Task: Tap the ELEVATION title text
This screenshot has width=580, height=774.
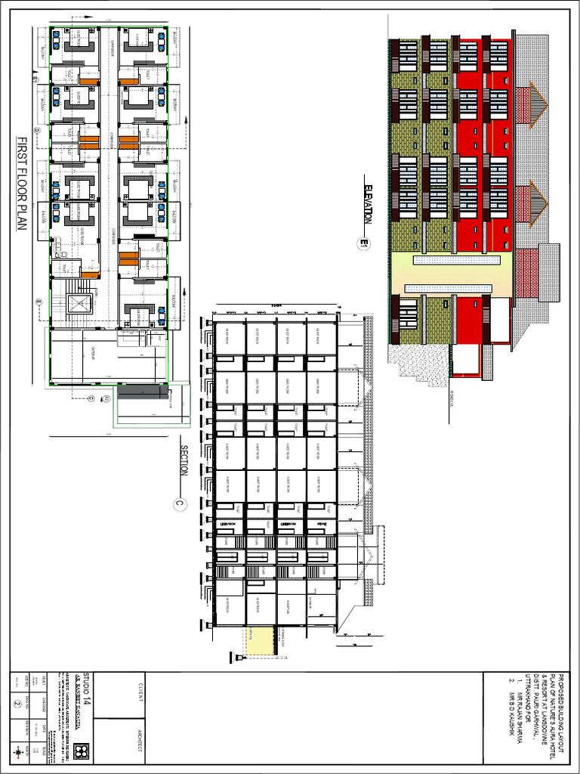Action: coord(367,204)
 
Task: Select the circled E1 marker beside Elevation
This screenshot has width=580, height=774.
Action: coord(364,243)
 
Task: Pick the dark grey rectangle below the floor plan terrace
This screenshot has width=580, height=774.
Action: coord(142,391)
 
